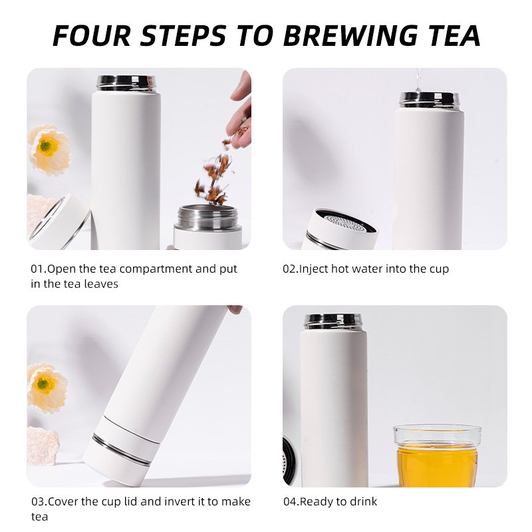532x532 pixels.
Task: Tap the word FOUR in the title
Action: [92, 35]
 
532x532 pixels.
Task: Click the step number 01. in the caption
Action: [39, 269]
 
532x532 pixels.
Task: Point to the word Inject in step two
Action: [314, 269]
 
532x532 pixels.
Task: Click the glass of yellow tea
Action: [438, 455]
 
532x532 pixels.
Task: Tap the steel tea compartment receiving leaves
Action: [207, 217]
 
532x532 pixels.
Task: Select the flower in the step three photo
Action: [47, 388]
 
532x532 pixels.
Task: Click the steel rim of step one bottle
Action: [126, 83]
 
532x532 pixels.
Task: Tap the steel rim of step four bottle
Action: [333, 322]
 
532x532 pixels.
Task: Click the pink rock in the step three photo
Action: [43, 445]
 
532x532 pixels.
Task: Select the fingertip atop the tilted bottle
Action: [235, 309]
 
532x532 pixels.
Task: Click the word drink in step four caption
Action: [364, 501]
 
